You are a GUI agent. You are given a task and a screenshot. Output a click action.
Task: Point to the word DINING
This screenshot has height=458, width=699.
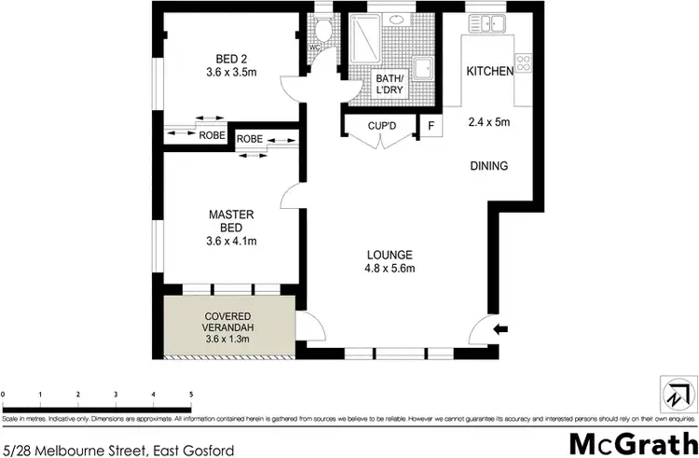pyautogui.click(x=488, y=167)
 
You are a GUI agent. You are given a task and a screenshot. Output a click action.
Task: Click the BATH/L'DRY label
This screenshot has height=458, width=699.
pyautogui.click(x=391, y=84)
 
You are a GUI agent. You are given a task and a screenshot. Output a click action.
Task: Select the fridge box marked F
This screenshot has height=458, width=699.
pyautogui.click(x=430, y=126)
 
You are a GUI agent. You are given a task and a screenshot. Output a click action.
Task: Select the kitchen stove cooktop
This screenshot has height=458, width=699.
pyautogui.click(x=523, y=64)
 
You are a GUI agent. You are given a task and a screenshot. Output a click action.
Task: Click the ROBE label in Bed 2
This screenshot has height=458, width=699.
pyautogui.click(x=212, y=135)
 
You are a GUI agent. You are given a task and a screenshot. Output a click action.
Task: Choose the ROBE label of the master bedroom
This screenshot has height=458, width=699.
pyautogui.click(x=249, y=139)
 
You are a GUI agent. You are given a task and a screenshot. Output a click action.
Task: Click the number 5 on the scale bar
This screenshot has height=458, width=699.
pyautogui.click(x=191, y=395)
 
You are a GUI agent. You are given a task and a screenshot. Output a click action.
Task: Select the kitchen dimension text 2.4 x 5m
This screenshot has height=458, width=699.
pyautogui.click(x=488, y=120)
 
